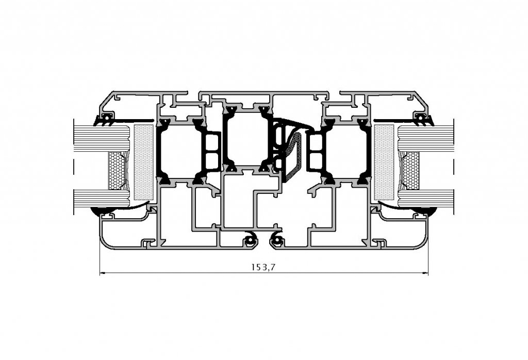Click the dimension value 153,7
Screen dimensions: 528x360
(x=263, y=267)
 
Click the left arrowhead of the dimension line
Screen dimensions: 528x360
(x=103, y=273)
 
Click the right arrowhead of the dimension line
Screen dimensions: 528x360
(x=425, y=273)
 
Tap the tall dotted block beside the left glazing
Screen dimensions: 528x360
(x=144, y=162)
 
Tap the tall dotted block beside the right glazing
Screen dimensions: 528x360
(x=384, y=162)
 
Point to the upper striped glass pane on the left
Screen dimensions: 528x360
(x=102, y=138)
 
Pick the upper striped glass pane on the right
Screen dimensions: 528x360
(x=425, y=138)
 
